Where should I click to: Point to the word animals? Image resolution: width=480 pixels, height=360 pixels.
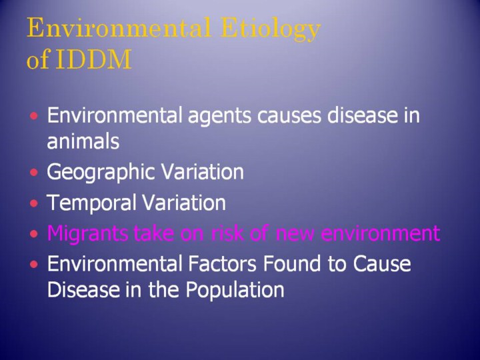click(x=83, y=141)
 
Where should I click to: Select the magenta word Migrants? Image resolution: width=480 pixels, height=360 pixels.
click(x=87, y=234)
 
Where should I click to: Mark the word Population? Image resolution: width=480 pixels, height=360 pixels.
click(x=235, y=290)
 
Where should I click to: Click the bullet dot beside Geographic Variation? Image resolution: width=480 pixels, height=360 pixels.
click(x=34, y=173)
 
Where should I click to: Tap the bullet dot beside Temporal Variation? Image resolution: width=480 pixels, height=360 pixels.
click(x=34, y=203)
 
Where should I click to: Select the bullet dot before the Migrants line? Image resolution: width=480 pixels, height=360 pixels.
click(x=34, y=234)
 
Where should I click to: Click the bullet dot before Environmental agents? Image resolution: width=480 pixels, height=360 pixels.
click(x=34, y=116)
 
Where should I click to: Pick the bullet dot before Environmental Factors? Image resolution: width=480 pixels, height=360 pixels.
click(x=34, y=264)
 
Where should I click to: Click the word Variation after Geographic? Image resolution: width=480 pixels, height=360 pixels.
click(x=203, y=172)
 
